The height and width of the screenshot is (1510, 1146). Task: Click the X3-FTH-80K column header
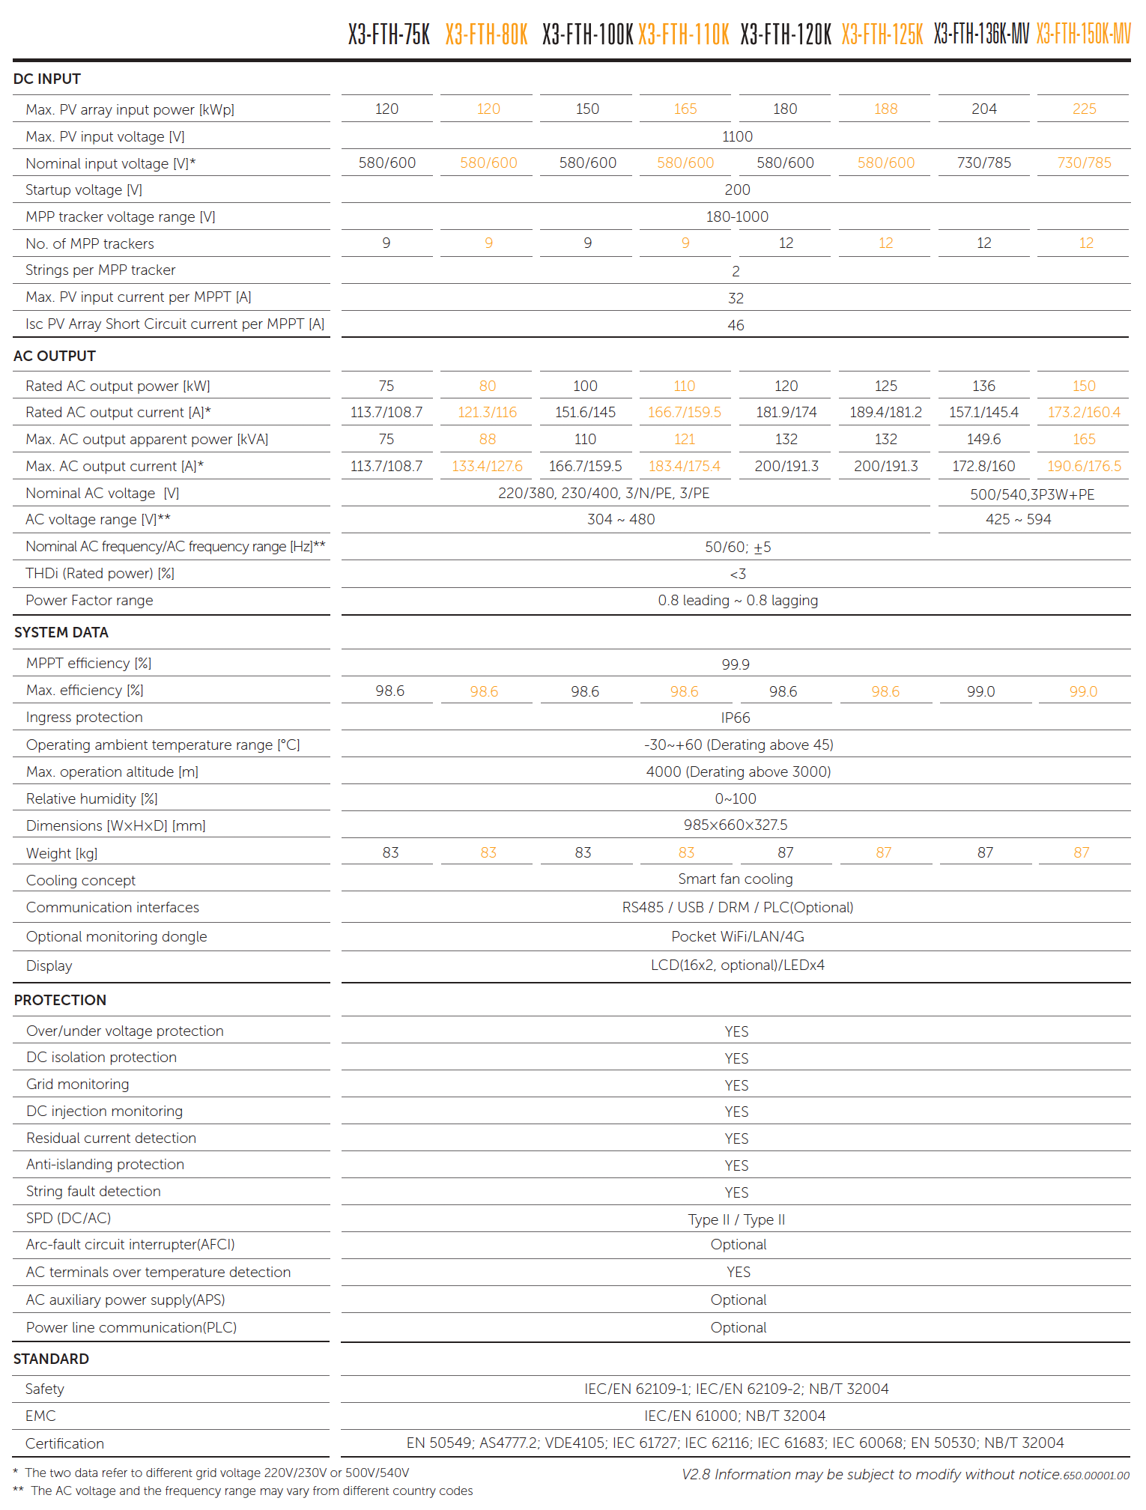click(487, 34)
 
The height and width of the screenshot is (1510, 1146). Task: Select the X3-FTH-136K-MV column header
click(981, 34)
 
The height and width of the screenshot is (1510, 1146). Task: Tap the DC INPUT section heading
click(47, 79)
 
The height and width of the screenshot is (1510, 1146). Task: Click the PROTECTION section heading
click(60, 1000)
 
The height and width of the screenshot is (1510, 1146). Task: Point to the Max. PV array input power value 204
click(983, 109)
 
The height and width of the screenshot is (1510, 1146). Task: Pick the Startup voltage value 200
click(737, 190)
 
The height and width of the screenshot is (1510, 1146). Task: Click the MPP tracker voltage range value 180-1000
click(737, 217)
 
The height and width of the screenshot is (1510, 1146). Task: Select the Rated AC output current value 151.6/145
click(585, 413)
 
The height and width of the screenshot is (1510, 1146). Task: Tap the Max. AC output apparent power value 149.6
click(983, 440)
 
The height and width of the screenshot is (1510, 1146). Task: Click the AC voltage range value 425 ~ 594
click(1018, 520)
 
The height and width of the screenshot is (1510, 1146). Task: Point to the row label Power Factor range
click(89, 601)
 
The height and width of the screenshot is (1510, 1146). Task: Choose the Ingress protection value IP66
click(736, 718)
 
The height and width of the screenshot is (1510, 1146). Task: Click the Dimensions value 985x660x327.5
click(736, 825)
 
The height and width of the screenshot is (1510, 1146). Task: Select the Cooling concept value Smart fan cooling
click(736, 879)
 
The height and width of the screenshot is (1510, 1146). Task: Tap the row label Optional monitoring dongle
click(116, 937)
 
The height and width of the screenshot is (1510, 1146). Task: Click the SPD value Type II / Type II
click(737, 1220)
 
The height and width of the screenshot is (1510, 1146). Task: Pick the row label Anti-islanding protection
click(105, 1165)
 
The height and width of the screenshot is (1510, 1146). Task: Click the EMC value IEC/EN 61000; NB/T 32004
click(735, 1416)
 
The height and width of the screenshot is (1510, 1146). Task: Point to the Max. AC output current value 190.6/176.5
click(1084, 467)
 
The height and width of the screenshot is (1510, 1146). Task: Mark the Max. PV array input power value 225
click(1084, 109)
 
